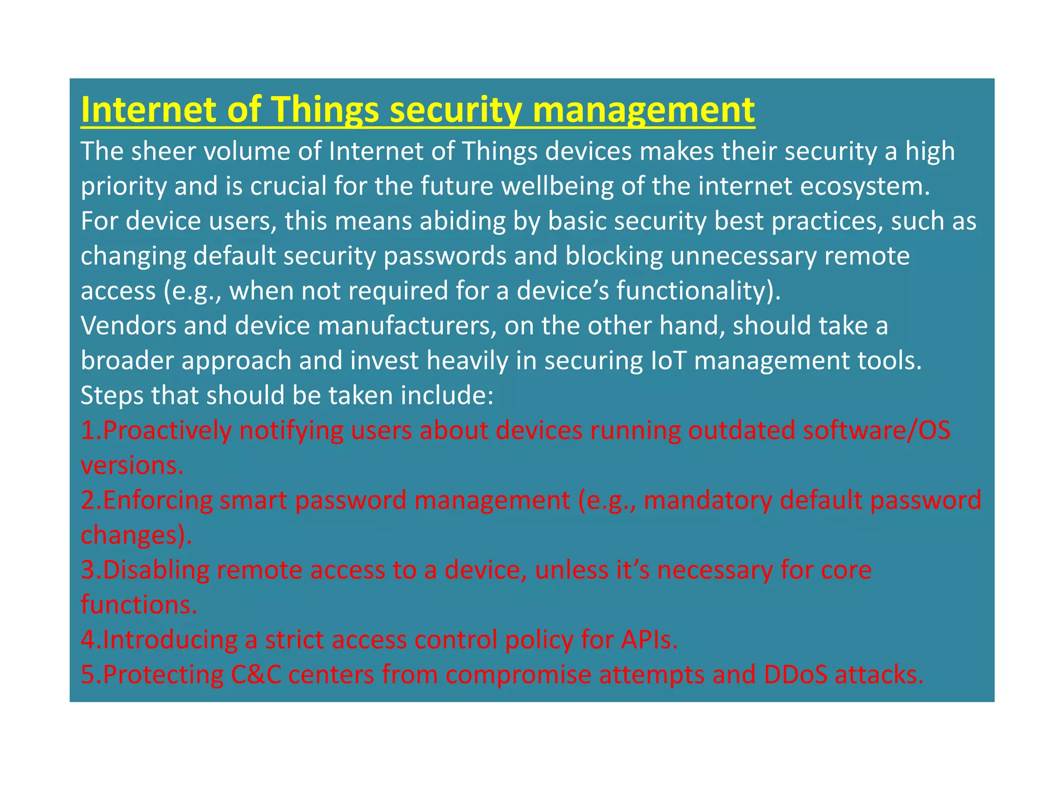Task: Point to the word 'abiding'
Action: click(x=462, y=221)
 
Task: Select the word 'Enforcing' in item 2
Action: click(x=157, y=500)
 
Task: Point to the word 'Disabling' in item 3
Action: click(x=156, y=570)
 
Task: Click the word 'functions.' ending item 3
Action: click(x=139, y=605)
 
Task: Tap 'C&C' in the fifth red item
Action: click(x=256, y=675)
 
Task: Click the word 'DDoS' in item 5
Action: click(x=795, y=675)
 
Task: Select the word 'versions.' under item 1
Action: click(x=132, y=465)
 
